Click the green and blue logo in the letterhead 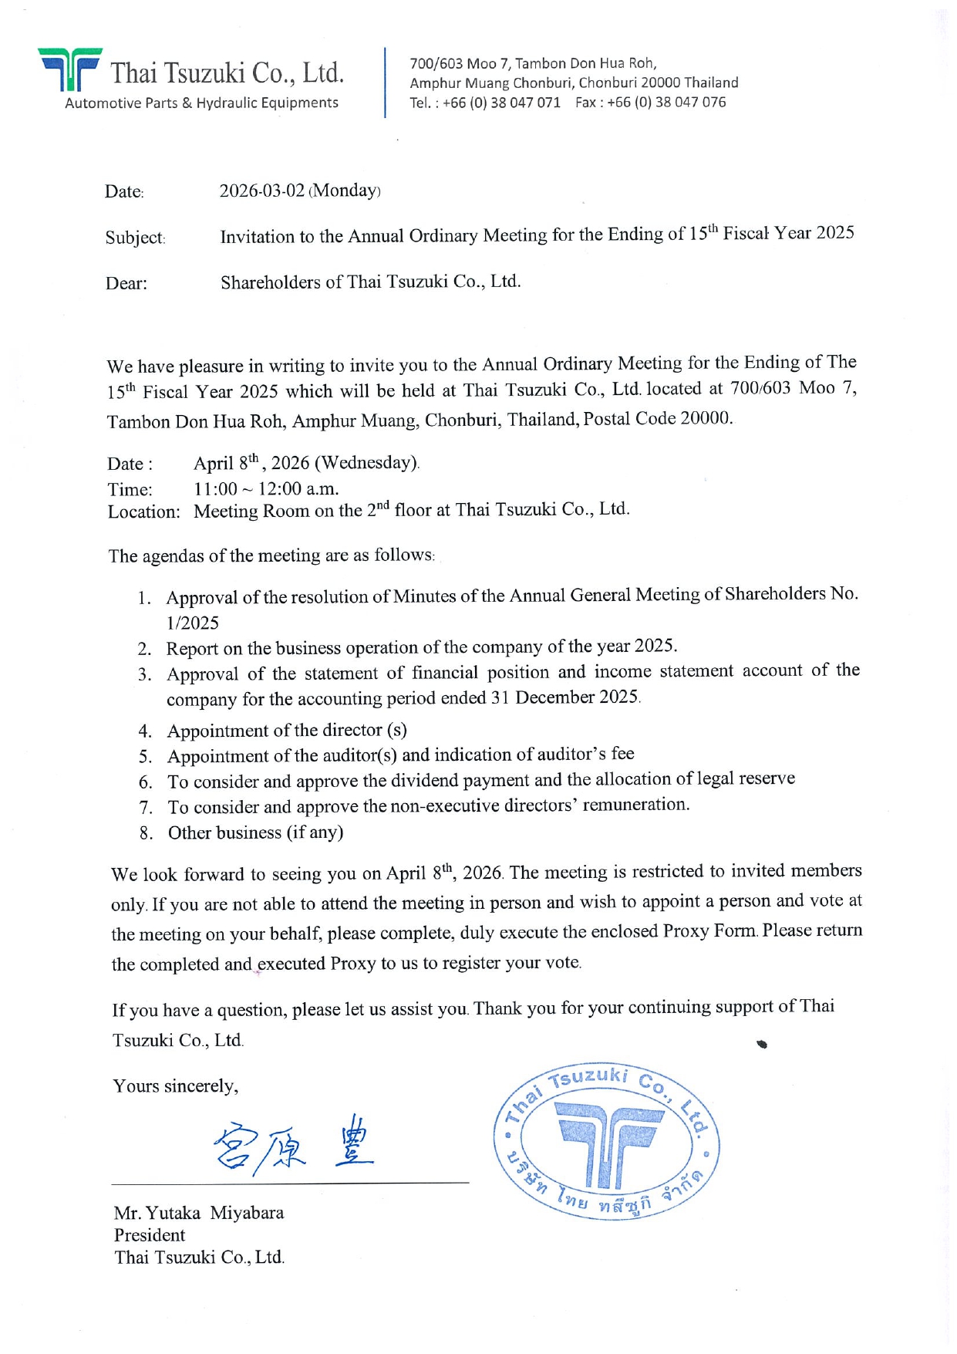pos(69,69)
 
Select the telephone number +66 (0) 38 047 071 pos(501,103)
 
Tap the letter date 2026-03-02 pos(262,191)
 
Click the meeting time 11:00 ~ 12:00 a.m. pos(266,488)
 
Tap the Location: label pos(144,512)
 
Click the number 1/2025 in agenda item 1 pos(193,623)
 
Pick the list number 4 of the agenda pos(145,731)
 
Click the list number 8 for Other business pos(146,833)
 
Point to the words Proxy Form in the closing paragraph pos(709,931)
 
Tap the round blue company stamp pos(607,1140)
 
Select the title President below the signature pos(150,1235)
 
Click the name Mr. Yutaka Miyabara pos(199,1213)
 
